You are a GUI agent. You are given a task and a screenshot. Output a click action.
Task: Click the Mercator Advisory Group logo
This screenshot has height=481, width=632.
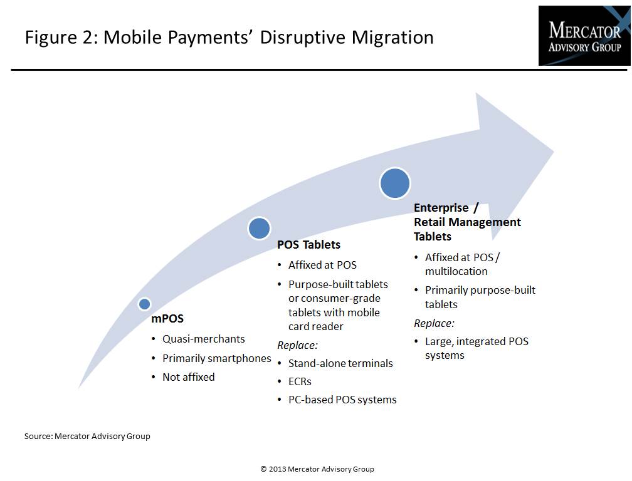click(584, 36)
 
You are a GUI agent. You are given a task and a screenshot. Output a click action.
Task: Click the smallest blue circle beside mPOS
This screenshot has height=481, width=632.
click(144, 304)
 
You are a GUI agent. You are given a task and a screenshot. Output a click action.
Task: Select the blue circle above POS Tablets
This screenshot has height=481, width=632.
click(259, 228)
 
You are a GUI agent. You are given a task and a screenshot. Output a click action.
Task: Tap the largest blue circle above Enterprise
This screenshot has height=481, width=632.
click(395, 183)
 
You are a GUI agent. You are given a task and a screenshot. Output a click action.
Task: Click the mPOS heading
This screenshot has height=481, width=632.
click(167, 319)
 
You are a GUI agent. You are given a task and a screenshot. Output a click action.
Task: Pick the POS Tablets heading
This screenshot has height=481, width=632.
click(308, 245)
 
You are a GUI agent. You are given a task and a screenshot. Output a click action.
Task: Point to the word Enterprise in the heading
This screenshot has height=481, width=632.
click(441, 208)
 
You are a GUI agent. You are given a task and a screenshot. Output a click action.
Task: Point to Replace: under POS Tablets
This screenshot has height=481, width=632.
click(297, 345)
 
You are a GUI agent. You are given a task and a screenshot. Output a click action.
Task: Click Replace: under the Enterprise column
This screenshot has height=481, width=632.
click(434, 324)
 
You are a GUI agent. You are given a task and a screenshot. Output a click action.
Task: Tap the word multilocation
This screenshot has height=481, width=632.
click(456, 271)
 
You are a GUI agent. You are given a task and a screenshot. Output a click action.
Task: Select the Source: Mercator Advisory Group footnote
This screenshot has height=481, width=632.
click(87, 437)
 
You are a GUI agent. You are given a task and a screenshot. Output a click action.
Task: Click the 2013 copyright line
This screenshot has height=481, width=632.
click(317, 469)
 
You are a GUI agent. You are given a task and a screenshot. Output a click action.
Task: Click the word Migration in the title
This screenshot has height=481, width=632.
click(392, 38)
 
